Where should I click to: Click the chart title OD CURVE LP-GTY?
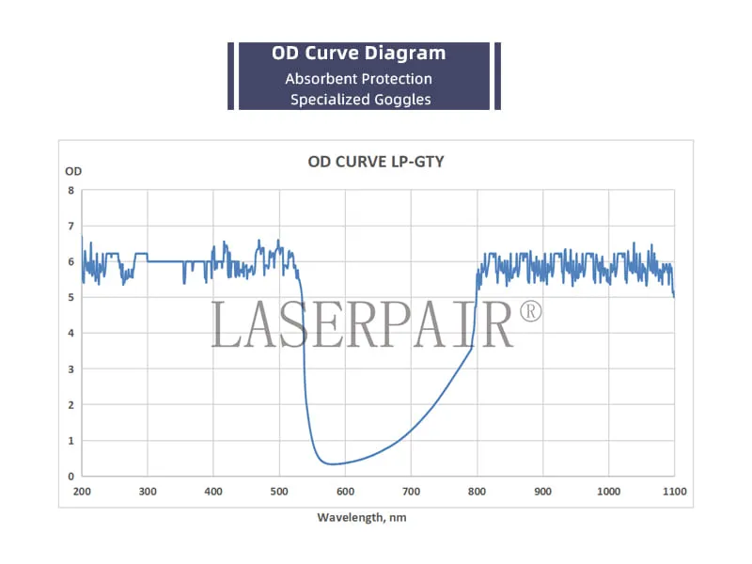376,162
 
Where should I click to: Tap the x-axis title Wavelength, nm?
361,517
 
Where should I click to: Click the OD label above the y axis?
72,171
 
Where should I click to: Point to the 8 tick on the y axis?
70,190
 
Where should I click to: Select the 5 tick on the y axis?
70,297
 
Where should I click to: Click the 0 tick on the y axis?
70,476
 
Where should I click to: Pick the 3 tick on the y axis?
70,368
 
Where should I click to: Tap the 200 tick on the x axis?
82,492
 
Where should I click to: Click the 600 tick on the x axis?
345,492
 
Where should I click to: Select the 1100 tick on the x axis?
674,492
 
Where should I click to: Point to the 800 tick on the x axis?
477,492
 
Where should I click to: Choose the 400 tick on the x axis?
213,492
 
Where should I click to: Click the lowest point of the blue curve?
331,463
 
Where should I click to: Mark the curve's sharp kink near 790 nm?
471,349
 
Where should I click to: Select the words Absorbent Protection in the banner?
358,79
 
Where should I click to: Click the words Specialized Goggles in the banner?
360,99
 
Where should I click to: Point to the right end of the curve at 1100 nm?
674,295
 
